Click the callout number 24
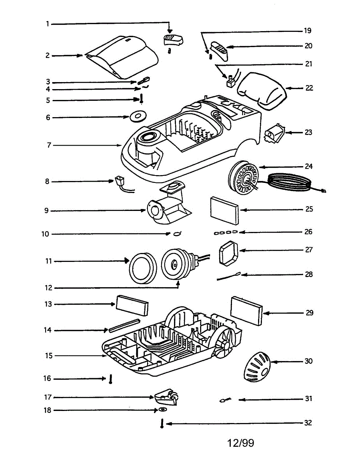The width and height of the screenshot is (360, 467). click(309, 167)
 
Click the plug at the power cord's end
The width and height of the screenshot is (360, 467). click(323, 191)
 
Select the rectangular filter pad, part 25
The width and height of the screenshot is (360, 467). click(225, 211)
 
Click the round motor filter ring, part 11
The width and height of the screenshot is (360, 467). click(142, 267)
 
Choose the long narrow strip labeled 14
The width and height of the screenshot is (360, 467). click(124, 326)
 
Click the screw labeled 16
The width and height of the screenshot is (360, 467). click(111, 379)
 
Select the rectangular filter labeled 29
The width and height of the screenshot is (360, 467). click(246, 311)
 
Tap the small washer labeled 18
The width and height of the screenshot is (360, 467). click(162, 410)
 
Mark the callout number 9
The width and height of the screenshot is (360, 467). click(46, 211)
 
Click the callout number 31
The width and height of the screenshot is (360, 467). click(308, 399)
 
